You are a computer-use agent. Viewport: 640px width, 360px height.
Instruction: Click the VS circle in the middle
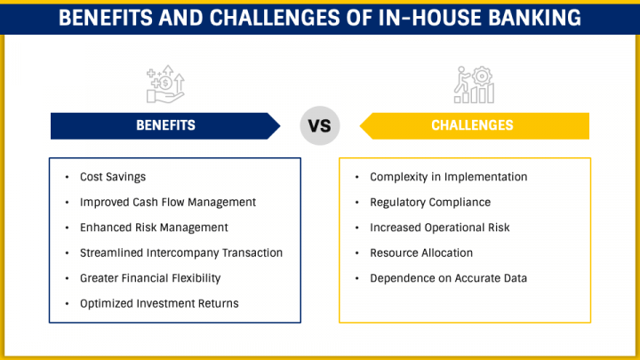(x=319, y=126)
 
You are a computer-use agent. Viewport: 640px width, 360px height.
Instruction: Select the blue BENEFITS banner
(x=165, y=126)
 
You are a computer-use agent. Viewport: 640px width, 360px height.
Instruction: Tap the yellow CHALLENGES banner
(x=473, y=126)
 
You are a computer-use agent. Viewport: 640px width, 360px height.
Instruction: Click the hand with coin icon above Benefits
(x=165, y=84)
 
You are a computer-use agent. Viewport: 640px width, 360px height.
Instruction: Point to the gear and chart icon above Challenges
(x=472, y=84)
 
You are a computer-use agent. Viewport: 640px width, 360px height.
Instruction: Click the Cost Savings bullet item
(x=113, y=177)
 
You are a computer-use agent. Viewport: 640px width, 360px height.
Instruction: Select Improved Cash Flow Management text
(x=168, y=203)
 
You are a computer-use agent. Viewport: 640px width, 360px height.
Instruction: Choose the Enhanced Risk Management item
(x=154, y=228)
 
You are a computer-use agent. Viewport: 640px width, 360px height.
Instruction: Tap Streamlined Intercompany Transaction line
(x=181, y=253)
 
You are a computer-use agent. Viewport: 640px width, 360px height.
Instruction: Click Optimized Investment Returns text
(x=159, y=304)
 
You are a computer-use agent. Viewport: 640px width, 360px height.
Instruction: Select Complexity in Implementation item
(x=448, y=177)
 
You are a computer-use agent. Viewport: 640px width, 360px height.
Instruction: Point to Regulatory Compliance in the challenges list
(x=430, y=203)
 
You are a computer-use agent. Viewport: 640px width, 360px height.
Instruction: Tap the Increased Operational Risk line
(x=440, y=228)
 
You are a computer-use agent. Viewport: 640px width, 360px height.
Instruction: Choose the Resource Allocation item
(x=421, y=253)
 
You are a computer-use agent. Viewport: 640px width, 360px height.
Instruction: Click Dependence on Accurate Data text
(x=448, y=278)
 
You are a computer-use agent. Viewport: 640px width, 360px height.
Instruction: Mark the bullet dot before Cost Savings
(x=68, y=178)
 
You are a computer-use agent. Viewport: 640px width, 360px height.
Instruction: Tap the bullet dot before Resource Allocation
(x=357, y=253)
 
